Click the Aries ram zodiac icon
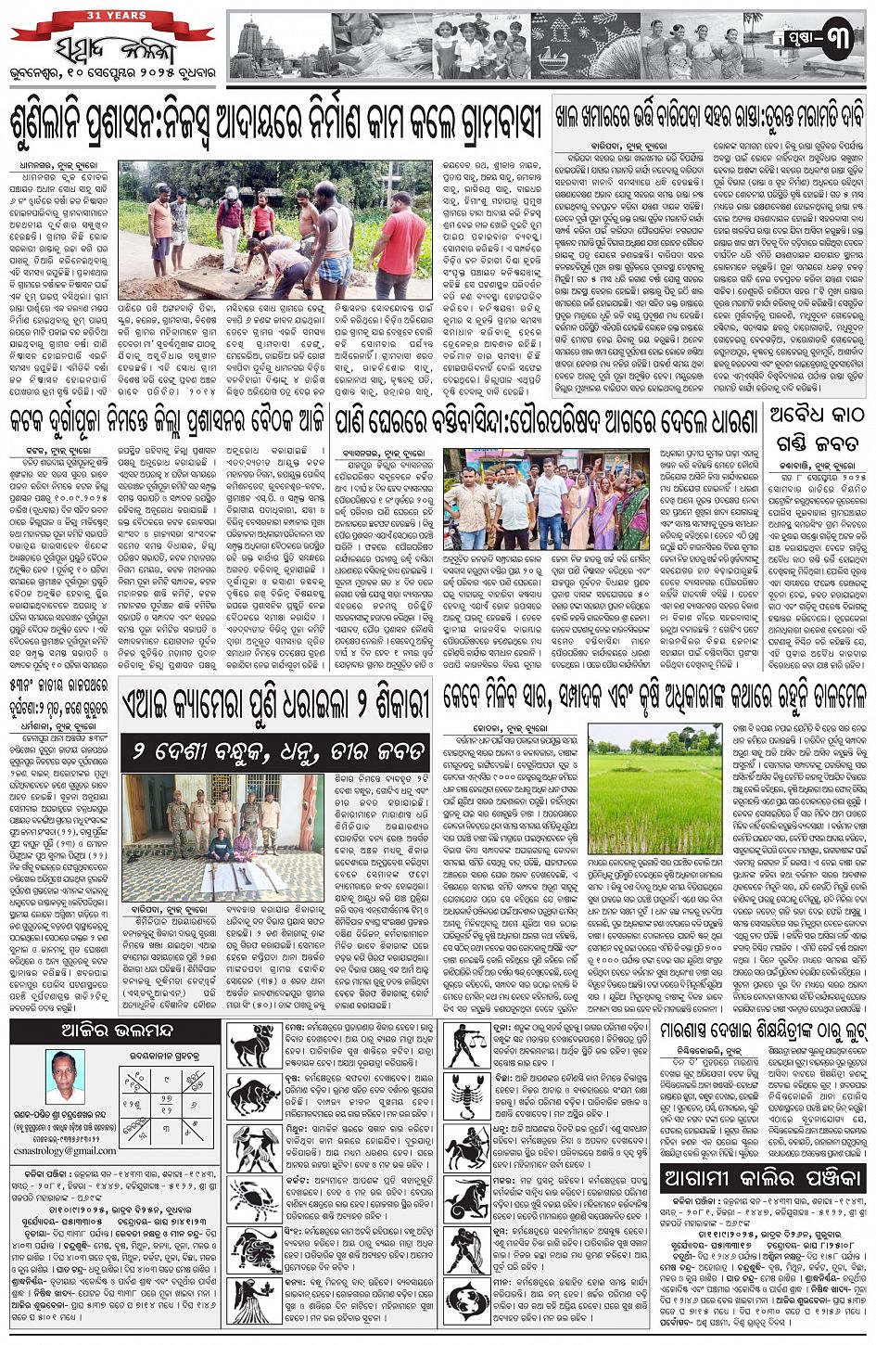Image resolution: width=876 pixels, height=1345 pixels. (254, 1044)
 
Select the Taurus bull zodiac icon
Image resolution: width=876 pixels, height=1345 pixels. (254, 1096)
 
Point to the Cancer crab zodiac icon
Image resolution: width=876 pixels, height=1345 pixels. (254, 1198)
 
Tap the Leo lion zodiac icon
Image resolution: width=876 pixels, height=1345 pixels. (254, 1249)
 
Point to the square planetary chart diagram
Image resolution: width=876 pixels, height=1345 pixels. (167, 1095)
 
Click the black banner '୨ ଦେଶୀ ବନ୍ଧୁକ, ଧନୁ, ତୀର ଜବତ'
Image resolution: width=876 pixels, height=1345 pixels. (278, 749)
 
